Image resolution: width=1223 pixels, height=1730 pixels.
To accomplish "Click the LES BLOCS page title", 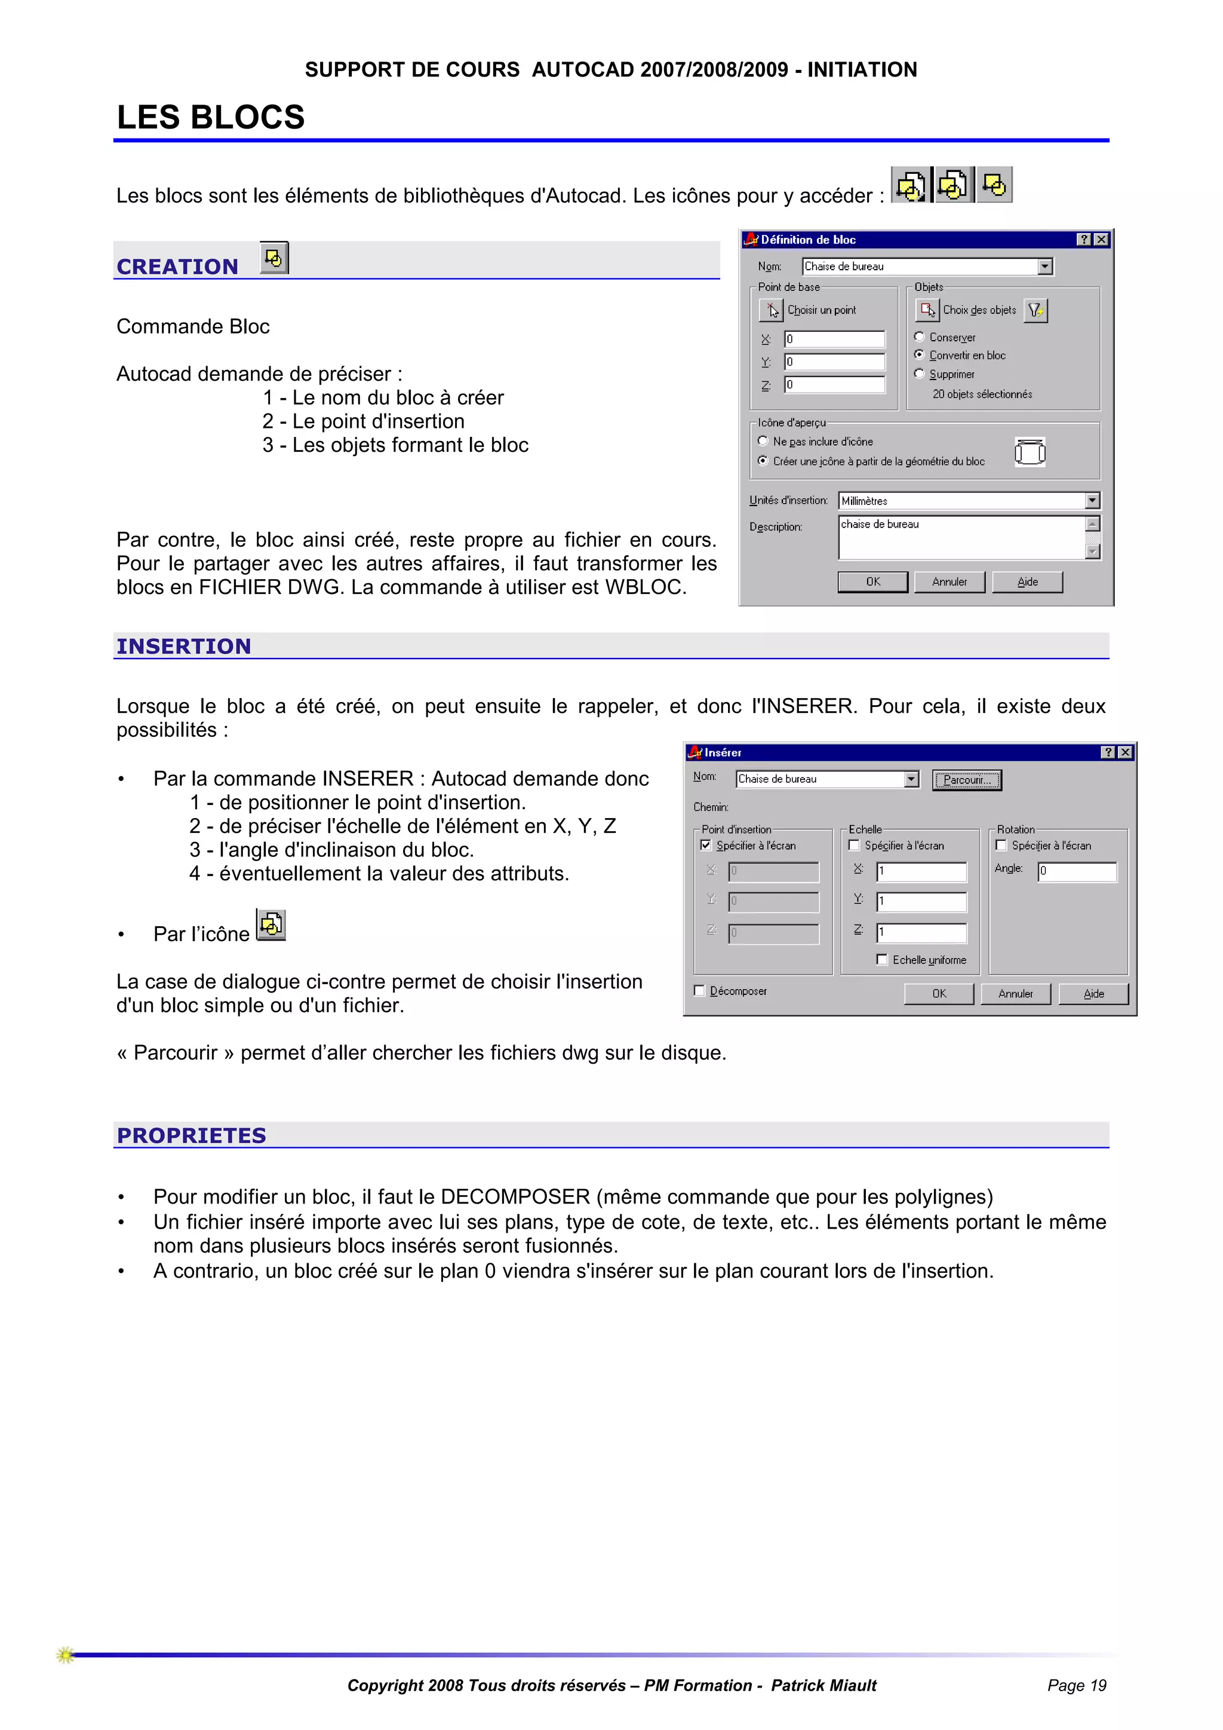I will [211, 118].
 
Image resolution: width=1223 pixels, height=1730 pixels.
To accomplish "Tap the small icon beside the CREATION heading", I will [274, 258].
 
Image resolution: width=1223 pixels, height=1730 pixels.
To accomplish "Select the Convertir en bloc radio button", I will [919, 355].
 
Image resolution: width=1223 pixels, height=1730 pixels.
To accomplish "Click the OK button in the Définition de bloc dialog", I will [873, 581].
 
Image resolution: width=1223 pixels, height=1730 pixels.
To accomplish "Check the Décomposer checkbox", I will [700, 991].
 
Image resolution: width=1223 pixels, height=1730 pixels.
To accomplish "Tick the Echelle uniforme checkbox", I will [882, 960].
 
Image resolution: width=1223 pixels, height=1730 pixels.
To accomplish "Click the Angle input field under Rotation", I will [1077, 872].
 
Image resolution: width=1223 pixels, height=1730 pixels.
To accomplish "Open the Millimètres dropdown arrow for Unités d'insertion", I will [1092, 501].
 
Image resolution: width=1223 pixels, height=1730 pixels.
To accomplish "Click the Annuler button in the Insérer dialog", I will [1015, 994].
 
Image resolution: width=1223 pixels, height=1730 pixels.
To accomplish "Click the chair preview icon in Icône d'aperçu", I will [1030, 452].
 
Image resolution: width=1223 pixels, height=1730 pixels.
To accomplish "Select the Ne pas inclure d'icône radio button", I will [763, 442].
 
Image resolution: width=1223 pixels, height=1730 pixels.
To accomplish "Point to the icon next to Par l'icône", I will [271, 924].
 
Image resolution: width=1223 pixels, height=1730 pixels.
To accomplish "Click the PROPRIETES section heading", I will [191, 1135].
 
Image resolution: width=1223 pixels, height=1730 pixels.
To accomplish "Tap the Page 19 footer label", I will [1076, 1686].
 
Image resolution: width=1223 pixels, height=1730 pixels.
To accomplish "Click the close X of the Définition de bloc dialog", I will [1101, 240].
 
